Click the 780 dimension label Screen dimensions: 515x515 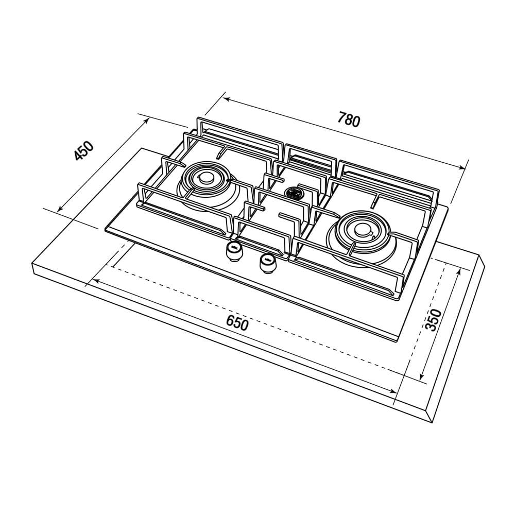tap(349, 119)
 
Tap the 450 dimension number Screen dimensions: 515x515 tap(84, 151)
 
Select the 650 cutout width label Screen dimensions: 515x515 tap(237, 323)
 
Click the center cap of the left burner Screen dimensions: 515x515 tap(207, 178)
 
